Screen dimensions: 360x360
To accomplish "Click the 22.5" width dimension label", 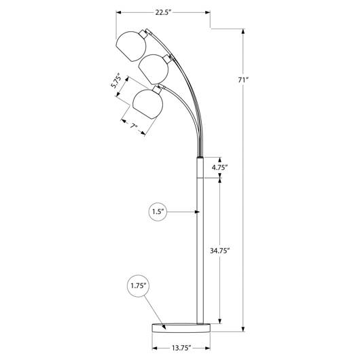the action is pos(164,12).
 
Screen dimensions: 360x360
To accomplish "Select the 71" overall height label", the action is pos(243,80).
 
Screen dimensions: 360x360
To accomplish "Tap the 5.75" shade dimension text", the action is pos(116,81).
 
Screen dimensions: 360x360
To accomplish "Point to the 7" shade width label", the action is pos(134,126).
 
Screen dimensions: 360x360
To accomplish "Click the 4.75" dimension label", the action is pos(219,167).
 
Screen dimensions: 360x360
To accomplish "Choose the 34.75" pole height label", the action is pos(219,251).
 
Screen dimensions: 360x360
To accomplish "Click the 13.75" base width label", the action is pos(181,348).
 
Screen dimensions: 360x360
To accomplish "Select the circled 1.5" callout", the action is pos(158,212).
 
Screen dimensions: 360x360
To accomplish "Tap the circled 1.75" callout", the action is pos(139,286).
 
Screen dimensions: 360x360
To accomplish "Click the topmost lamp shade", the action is pos(131,46).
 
